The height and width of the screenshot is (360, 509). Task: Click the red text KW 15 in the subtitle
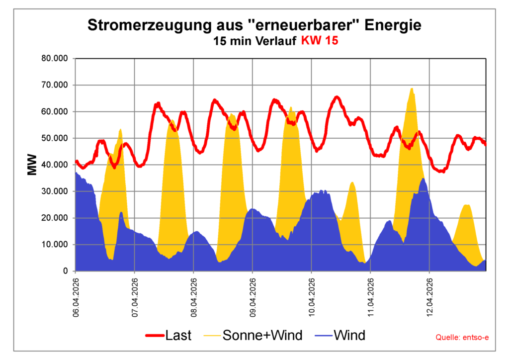click(x=320, y=41)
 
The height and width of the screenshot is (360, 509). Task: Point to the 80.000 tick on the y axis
click(x=56, y=59)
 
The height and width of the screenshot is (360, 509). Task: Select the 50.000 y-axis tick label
click(x=56, y=138)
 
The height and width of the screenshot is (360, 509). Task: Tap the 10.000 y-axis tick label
click(x=56, y=245)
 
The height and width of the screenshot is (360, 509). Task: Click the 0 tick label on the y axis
click(x=65, y=271)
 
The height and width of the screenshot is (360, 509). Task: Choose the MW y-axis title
click(x=32, y=166)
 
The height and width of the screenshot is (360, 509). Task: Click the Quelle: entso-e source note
click(x=462, y=338)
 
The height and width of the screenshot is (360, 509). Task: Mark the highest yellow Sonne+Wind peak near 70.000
click(x=412, y=90)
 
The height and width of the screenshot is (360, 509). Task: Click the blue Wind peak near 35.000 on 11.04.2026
click(x=423, y=180)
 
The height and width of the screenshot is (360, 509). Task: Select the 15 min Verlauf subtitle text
click(x=255, y=41)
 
